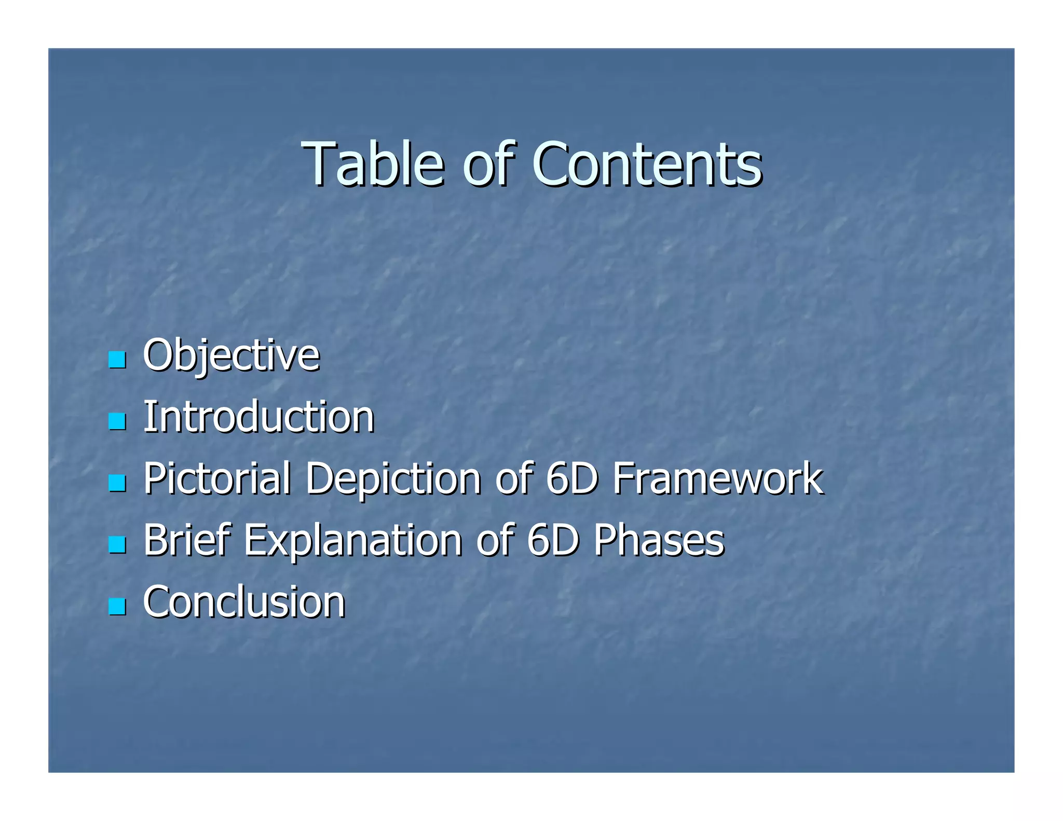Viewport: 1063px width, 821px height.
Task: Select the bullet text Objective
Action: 231,356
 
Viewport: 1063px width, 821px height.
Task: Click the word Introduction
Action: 258,417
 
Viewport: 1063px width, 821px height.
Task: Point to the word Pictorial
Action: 217,479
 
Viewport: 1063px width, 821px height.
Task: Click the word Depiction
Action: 393,479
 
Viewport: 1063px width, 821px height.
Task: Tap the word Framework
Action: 718,479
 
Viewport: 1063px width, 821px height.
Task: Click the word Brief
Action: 186,541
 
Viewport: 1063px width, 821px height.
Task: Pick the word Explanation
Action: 353,541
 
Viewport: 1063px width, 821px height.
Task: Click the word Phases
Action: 659,541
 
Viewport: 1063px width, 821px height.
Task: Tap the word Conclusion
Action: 244,603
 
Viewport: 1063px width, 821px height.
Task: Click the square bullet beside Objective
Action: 117,360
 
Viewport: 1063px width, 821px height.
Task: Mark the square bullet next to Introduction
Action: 117,421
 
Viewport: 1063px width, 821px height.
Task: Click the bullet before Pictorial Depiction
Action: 117,483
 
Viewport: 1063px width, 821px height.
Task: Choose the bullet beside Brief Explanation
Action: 117,544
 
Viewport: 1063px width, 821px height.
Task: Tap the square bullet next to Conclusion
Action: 117,606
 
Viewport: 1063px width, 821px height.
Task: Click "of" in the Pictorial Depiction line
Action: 514,479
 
